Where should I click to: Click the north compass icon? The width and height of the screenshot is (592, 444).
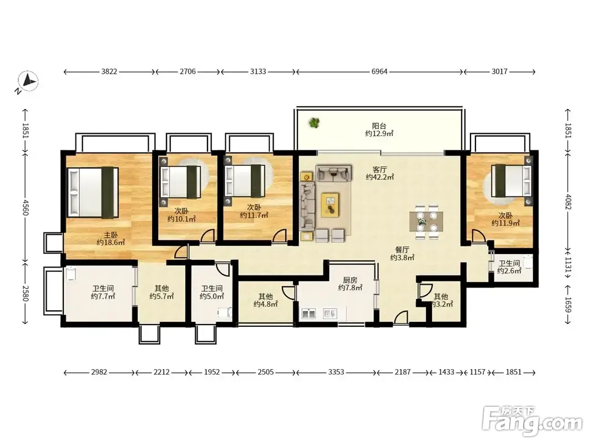[28, 81]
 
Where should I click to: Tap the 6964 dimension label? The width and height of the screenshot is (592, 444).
[380, 72]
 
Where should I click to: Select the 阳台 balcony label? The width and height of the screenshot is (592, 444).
[379, 126]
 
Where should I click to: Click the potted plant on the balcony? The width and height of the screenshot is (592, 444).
[314, 123]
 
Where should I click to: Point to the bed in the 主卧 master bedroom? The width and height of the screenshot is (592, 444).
[93, 193]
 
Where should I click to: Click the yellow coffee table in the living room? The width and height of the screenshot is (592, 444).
[330, 205]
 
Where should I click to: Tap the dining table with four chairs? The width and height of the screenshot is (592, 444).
[427, 222]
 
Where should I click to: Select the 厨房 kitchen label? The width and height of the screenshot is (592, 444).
[350, 280]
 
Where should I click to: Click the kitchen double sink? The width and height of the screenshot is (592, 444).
[308, 314]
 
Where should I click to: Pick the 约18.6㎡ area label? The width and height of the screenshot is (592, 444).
[110, 243]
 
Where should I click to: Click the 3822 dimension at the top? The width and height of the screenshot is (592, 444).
[109, 72]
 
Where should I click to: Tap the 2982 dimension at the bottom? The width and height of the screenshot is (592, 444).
[99, 372]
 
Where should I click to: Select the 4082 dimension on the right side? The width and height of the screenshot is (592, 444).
[568, 201]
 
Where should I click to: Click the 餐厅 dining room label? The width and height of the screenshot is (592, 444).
[402, 250]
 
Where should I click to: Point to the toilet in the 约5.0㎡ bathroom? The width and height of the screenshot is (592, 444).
[224, 314]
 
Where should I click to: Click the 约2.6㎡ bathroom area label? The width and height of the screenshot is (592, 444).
[509, 271]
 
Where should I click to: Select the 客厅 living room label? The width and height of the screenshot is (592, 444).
[380, 169]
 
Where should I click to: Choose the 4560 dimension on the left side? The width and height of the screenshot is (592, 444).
[25, 207]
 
